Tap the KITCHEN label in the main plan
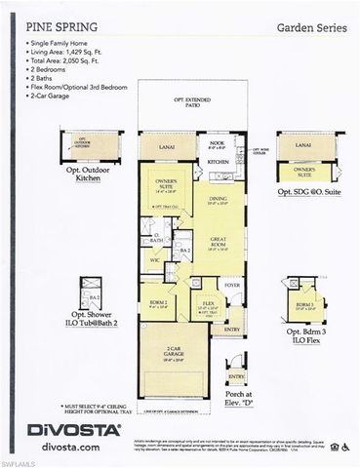coord(218,161)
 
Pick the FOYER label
coord(232,286)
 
